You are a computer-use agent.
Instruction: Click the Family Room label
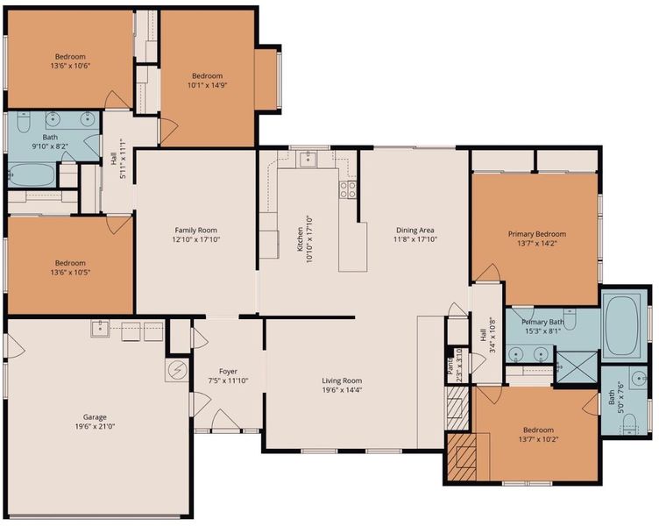coord(195,230)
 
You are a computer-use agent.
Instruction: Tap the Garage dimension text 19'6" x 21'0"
coord(94,426)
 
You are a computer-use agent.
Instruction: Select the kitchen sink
coord(308,159)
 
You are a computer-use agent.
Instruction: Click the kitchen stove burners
coord(348,189)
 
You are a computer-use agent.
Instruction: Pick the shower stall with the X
coord(577,367)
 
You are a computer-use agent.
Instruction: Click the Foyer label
coord(228,372)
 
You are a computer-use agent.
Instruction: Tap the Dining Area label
coord(415,230)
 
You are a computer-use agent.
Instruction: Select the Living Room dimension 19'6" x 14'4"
coord(342,390)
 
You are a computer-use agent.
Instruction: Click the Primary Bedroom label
coord(536,234)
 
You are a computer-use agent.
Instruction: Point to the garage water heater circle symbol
coord(177,370)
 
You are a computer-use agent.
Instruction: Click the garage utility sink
coord(100,329)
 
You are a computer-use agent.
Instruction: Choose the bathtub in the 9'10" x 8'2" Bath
coord(32,175)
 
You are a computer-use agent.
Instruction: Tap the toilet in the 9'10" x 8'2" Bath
coord(23,122)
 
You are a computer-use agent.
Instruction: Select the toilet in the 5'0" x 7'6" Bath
coord(629,423)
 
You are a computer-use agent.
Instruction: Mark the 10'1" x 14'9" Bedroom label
coord(207,81)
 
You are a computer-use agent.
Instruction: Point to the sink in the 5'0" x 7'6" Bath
coord(640,378)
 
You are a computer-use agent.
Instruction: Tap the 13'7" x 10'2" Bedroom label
coord(538,435)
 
